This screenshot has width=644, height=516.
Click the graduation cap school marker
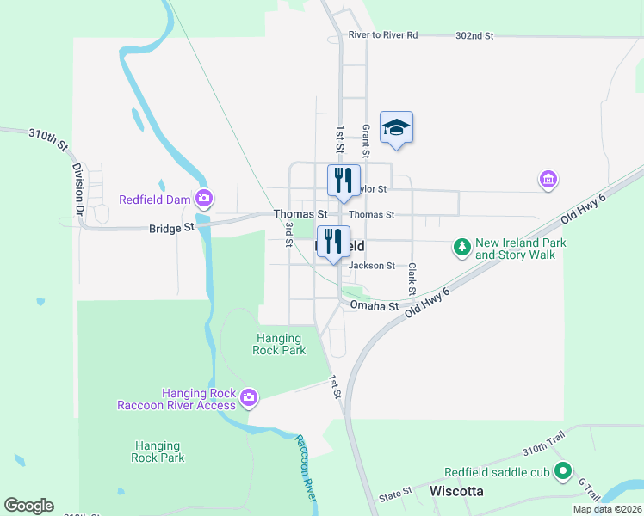point(396,127)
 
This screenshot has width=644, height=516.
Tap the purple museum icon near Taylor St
point(548,179)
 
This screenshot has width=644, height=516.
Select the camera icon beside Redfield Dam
point(203,200)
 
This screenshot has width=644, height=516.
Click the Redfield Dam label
point(153,200)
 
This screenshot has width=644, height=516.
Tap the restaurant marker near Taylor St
point(344,181)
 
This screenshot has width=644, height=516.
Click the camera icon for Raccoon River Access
point(248,396)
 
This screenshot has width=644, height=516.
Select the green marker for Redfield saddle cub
point(563,471)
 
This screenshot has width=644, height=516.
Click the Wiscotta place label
point(455,491)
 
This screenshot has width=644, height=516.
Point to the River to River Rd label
point(383,35)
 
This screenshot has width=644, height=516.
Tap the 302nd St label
point(474,35)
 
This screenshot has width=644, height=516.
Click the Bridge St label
point(170,229)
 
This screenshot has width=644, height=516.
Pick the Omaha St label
point(374,306)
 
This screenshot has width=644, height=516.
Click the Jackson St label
point(371,266)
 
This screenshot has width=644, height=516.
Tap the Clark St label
point(412,276)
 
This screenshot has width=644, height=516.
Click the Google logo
point(28,506)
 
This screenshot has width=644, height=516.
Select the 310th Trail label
point(544,451)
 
